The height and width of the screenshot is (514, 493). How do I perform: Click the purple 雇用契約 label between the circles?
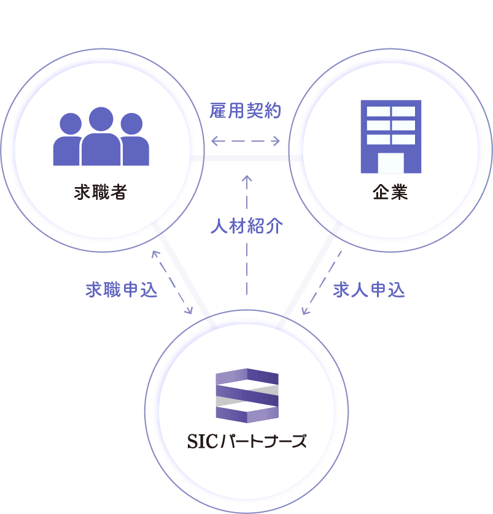click(x=246, y=111)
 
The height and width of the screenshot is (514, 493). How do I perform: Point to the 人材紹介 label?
click(x=247, y=226)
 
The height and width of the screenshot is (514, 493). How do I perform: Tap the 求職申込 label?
click(x=121, y=290)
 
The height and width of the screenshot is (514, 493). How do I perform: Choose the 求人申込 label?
click(x=369, y=290)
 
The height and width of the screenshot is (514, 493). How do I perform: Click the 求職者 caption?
click(x=100, y=193)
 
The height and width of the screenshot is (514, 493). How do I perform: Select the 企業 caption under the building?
click(x=390, y=193)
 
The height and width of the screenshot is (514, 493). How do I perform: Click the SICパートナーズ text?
click(x=247, y=441)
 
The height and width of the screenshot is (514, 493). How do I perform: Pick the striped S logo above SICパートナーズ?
click(x=247, y=396)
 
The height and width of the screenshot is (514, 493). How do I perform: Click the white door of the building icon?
click(x=390, y=163)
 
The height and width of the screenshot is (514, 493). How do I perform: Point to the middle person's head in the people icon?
click(x=101, y=118)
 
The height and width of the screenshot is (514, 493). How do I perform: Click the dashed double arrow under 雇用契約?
click(x=246, y=142)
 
